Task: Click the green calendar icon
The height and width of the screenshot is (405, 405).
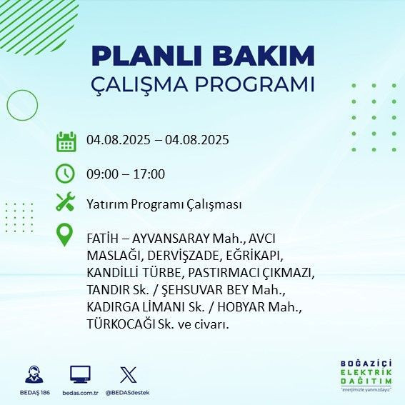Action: click(66, 141)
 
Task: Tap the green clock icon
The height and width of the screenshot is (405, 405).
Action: click(66, 173)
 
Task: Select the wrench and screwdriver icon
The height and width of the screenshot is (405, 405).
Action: click(66, 203)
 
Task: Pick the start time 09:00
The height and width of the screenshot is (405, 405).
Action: click(101, 174)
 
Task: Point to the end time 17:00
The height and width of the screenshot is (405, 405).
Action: click(150, 174)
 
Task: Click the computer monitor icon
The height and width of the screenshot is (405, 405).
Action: click(79, 374)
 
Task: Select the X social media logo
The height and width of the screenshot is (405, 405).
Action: click(127, 374)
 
